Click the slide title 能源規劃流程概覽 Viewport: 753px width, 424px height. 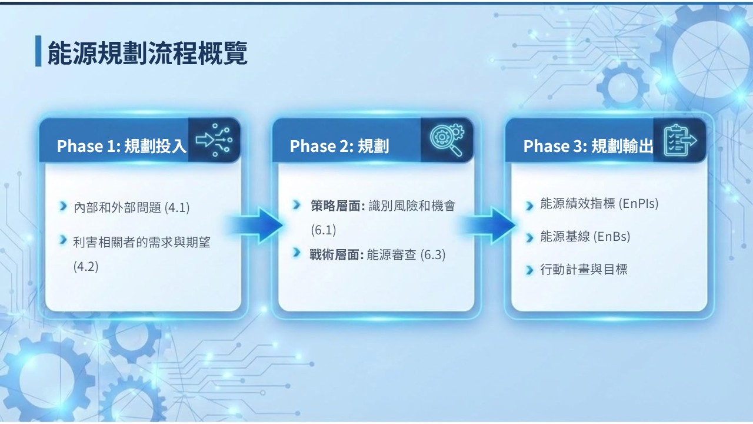tap(147, 53)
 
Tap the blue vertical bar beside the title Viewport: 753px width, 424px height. tap(38, 51)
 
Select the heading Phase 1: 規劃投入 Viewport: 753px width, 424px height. tap(121, 146)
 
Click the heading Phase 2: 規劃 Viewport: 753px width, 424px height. tap(339, 146)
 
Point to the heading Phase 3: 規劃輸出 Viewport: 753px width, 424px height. tap(588, 146)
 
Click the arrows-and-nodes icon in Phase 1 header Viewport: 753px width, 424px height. tap(214, 140)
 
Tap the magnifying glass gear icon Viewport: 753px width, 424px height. tap(447, 140)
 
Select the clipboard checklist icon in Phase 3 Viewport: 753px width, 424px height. tap(680, 140)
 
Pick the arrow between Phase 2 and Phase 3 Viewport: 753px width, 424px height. tap(488, 226)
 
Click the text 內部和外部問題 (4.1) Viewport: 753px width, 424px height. tap(131, 207)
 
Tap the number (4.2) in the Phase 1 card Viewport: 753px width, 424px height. tap(86, 267)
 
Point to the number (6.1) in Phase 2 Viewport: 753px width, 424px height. tap(324, 230)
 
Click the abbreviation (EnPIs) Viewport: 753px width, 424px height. tap(639, 203)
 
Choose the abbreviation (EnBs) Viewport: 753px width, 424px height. tap(612, 237)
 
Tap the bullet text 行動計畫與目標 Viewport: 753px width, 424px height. tap(584, 269)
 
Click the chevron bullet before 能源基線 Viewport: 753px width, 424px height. tap(529, 238)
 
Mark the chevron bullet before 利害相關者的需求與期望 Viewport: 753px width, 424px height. tap(63, 240)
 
